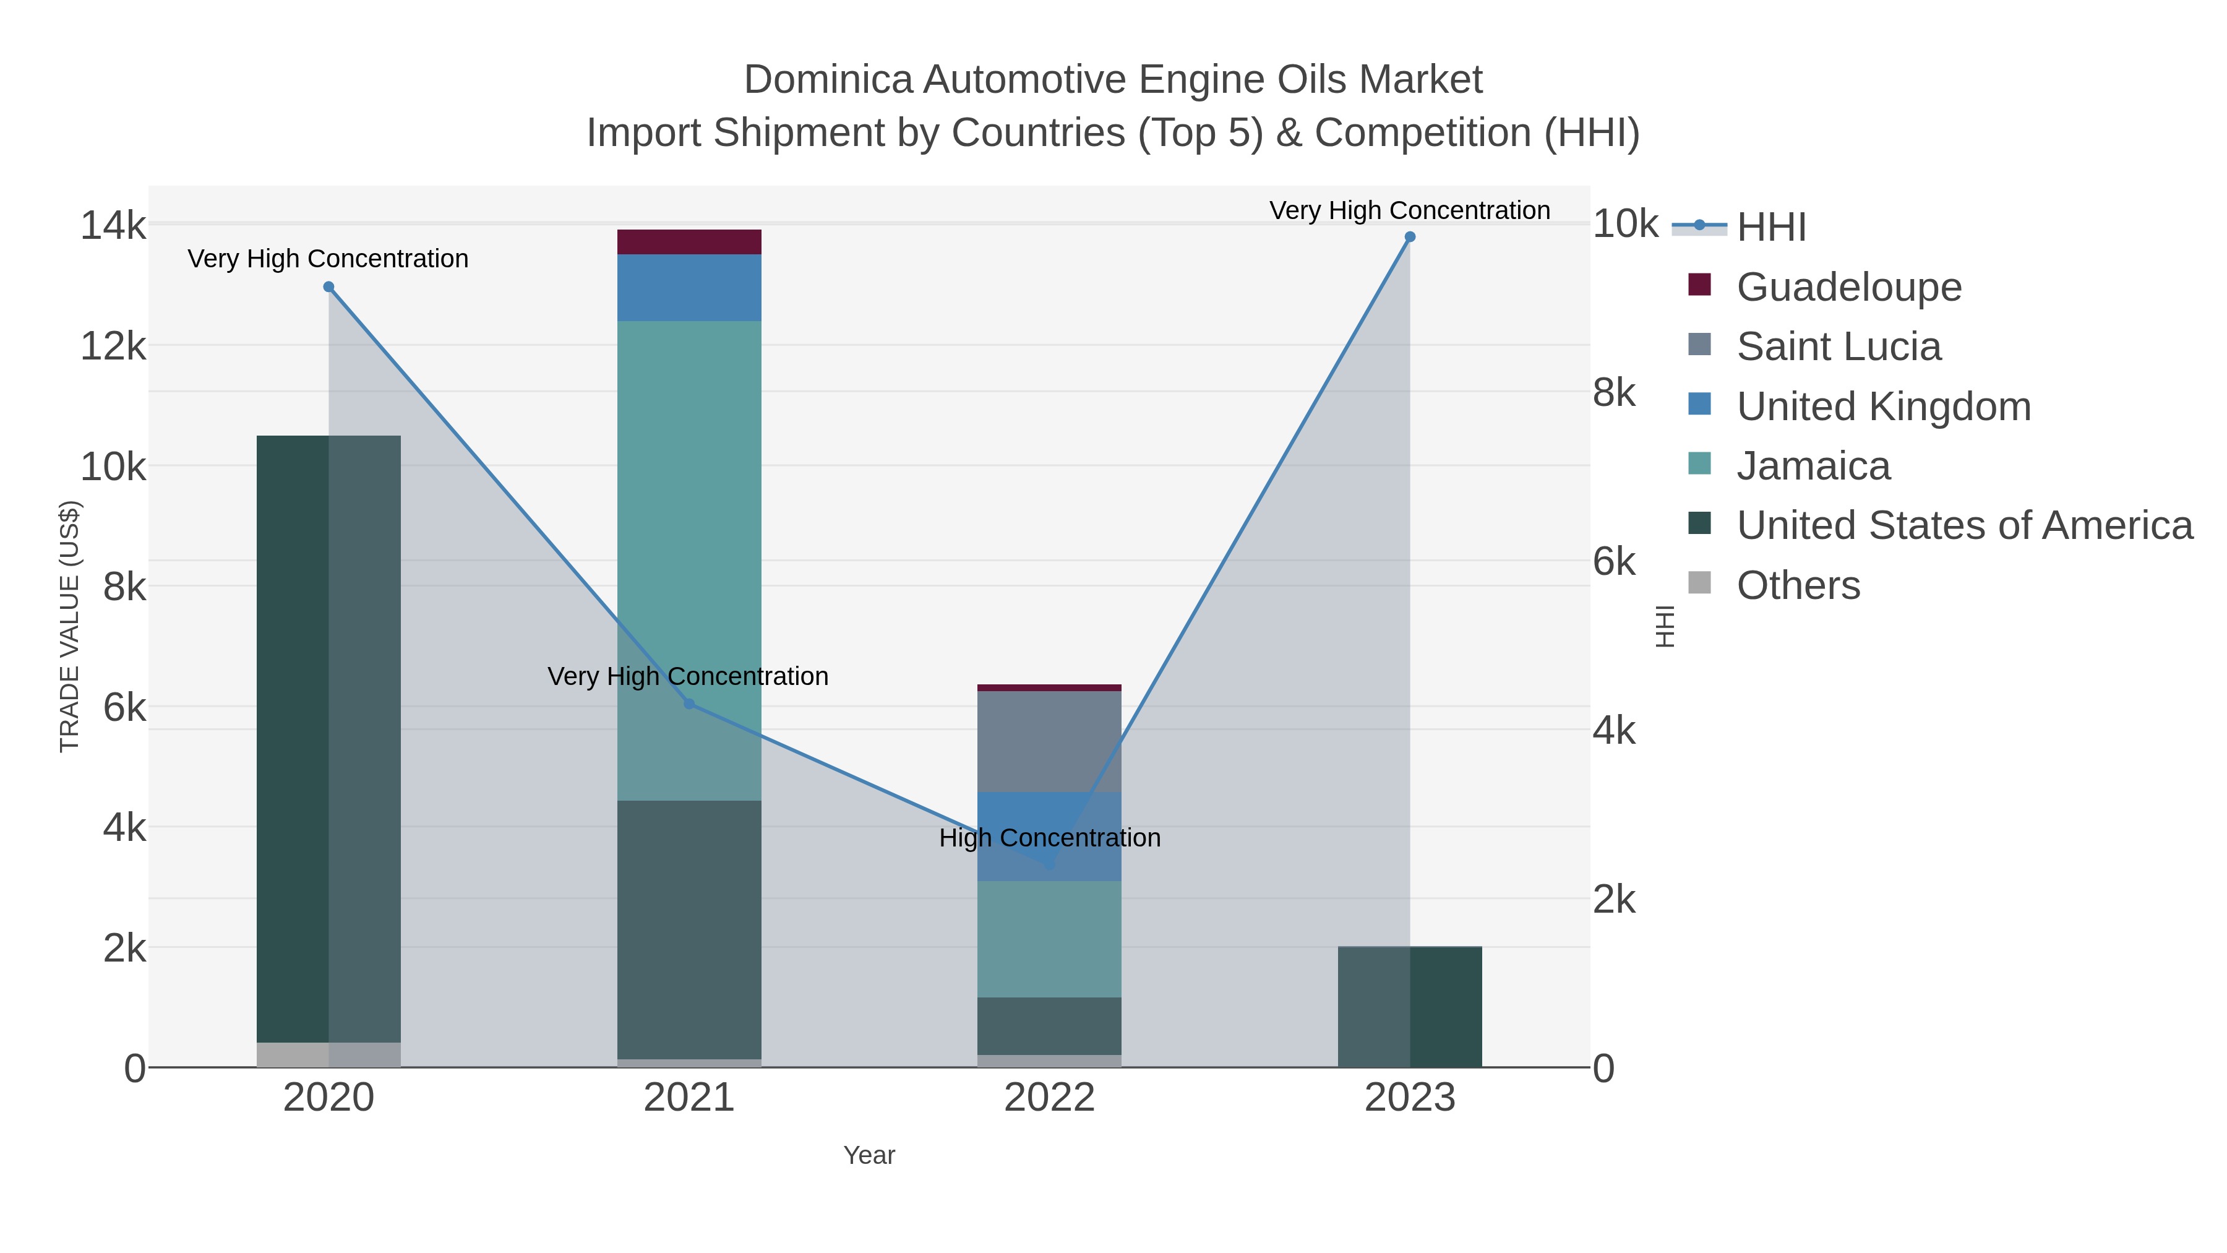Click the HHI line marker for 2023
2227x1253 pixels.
click(x=1409, y=237)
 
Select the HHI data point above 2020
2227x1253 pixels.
click(x=328, y=287)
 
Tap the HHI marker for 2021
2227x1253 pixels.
click(x=689, y=704)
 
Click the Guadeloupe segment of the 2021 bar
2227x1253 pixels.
click(x=689, y=242)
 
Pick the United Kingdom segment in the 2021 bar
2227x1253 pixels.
click(x=689, y=288)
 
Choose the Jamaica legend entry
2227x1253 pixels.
click(x=1813, y=466)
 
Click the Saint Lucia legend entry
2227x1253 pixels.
click(x=1838, y=347)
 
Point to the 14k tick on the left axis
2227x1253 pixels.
click(x=113, y=226)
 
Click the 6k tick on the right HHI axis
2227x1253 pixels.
click(x=1613, y=562)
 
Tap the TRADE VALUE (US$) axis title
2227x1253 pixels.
click(x=69, y=626)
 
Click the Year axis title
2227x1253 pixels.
click(x=869, y=1155)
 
